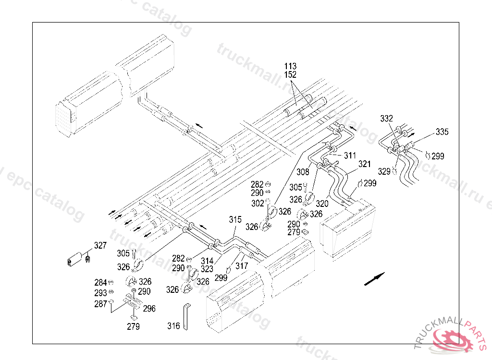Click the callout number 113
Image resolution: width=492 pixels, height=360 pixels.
click(x=290, y=66)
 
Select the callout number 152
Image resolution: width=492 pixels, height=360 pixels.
click(x=290, y=75)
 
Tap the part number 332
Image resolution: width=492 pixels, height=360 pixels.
click(x=387, y=119)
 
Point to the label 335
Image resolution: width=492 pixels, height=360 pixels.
click(x=443, y=132)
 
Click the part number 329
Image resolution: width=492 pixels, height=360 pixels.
click(x=384, y=171)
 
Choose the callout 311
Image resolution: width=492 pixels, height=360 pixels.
click(x=350, y=156)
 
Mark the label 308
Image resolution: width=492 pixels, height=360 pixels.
click(x=303, y=171)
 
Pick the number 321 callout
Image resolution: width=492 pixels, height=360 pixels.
click(x=365, y=164)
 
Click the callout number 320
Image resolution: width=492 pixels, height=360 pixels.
click(x=322, y=204)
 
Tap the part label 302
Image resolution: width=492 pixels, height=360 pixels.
click(x=258, y=203)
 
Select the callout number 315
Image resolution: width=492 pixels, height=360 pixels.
click(x=235, y=219)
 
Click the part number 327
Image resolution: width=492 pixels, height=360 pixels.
click(x=100, y=246)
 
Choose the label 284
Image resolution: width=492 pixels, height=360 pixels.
click(x=100, y=283)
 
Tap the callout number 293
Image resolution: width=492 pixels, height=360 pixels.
click(x=100, y=293)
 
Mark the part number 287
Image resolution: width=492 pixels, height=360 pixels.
click(x=100, y=304)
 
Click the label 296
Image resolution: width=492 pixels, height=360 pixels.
click(x=149, y=309)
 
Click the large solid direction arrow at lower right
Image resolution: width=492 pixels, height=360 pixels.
click(x=374, y=278)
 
